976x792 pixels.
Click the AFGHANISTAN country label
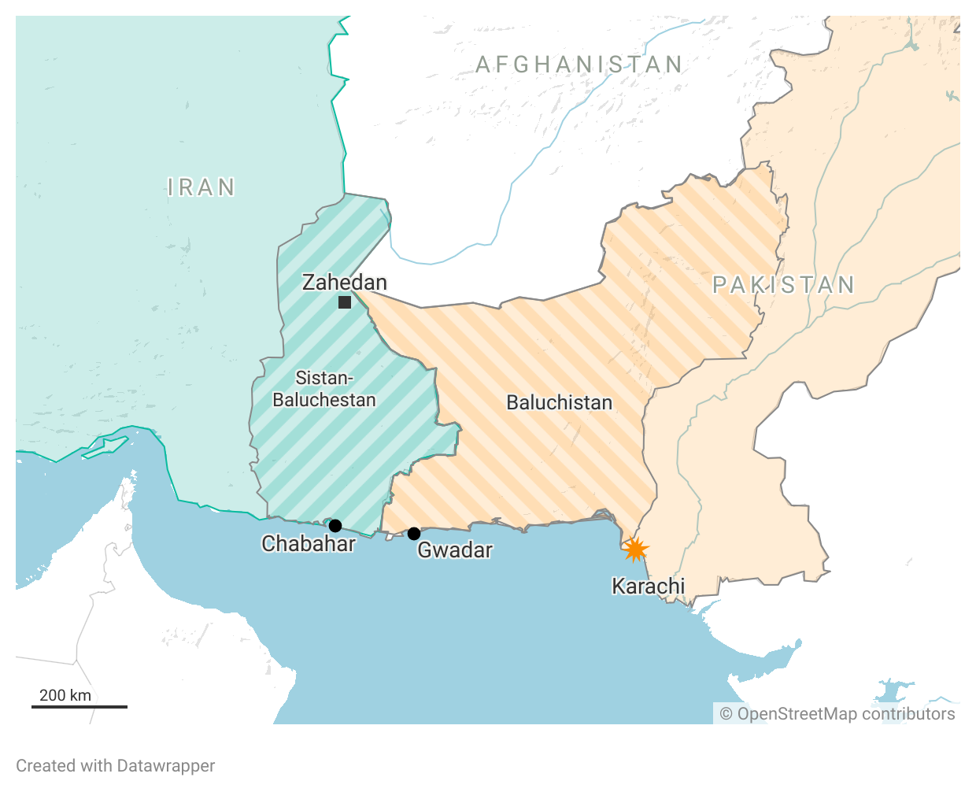(579, 65)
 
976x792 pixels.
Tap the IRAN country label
(201, 187)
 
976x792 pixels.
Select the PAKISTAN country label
(784, 285)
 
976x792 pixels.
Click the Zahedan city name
(345, 282)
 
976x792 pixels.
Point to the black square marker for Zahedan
(345, 302)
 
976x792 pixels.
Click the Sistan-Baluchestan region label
(324, 389)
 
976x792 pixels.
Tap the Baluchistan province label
(559, 403)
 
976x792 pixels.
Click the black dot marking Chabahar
(335, 526)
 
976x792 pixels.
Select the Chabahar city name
(309, 544)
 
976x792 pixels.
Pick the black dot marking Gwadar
(414, 534)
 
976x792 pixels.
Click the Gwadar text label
(455, 550)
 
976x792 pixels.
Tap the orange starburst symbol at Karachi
(634, 549)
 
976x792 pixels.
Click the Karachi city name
(648, 587)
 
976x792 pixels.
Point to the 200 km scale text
(65, 695)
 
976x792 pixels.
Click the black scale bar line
(79, 707)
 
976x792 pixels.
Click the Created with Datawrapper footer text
(116, 766)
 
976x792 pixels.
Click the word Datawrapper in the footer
(165, 766)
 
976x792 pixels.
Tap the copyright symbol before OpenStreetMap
(726, 714)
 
